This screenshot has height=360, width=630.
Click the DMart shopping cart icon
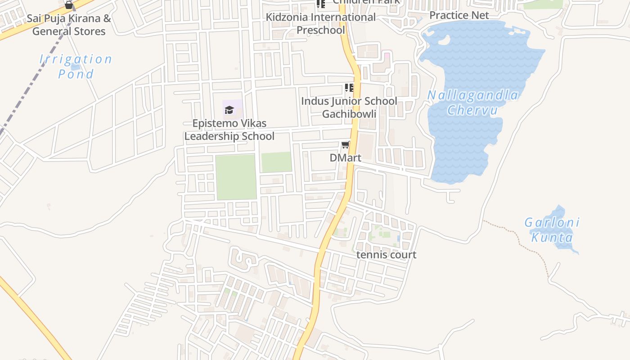point(345,145)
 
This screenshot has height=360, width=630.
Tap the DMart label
point(345,158)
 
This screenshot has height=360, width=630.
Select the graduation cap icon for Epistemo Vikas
point(229,110)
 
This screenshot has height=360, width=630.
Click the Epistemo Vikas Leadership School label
point(229,130)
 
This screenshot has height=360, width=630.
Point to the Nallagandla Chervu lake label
point(472,103)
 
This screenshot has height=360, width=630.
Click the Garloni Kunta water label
point(552,230)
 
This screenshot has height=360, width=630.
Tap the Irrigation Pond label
point(76,66)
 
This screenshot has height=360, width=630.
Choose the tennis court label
point(386,255)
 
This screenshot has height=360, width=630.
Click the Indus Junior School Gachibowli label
point(349,107)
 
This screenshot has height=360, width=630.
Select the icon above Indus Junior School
point(349,87)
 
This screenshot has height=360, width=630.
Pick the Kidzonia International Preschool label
point(320,23)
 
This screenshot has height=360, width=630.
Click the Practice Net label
point(459,15)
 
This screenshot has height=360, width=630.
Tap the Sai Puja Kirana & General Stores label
point(69,25)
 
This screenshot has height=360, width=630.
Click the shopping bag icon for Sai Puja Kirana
point(69,5)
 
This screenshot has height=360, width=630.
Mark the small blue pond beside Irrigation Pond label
point(75,67)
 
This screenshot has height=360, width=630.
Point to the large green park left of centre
point(236,177)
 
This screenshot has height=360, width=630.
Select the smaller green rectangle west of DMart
point(276,162)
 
